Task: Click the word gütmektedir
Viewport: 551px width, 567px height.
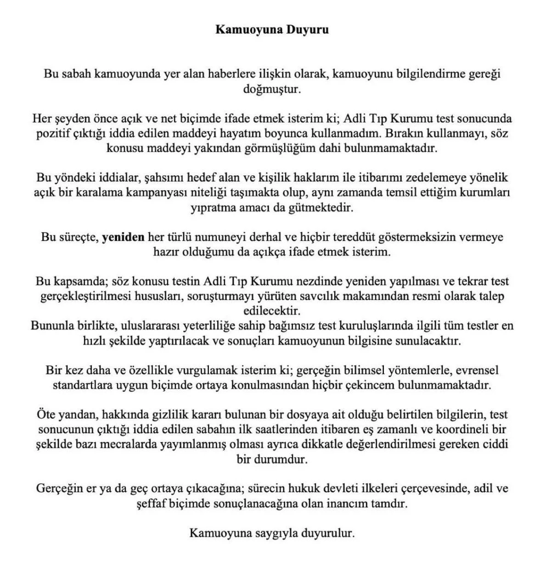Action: (326, 207)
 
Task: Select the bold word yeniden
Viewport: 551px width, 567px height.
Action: (123, 237)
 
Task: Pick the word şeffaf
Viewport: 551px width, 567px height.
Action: (150, 503)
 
